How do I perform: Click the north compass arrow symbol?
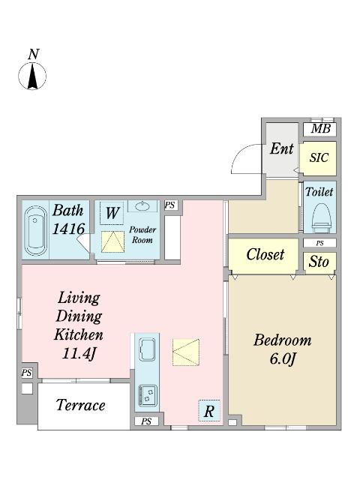(x=32, y=76)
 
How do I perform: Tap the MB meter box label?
(x=320, y=129)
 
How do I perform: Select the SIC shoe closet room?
(x=318, y=158)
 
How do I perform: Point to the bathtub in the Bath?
(x=35, y=230)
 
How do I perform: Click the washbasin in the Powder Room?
(x=142, y=206)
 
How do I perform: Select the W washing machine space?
(x=112, y=213)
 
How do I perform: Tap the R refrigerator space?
(x=209, y=411)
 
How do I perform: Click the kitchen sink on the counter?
(x=147, y=349)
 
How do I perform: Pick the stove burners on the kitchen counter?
(x=148, y=395)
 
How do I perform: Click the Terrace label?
(x=81, y=405)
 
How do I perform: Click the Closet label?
(x=265, y=255)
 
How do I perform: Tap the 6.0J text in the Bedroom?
(x=283, y=358)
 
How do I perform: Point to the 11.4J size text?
(x=79, y=354)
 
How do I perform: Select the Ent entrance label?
(x=282, y=149)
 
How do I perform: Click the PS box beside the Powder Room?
(x=171, y=205)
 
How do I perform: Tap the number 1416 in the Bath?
(x=68, y=229)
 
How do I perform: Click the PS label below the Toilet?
(x=320, y=243)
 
